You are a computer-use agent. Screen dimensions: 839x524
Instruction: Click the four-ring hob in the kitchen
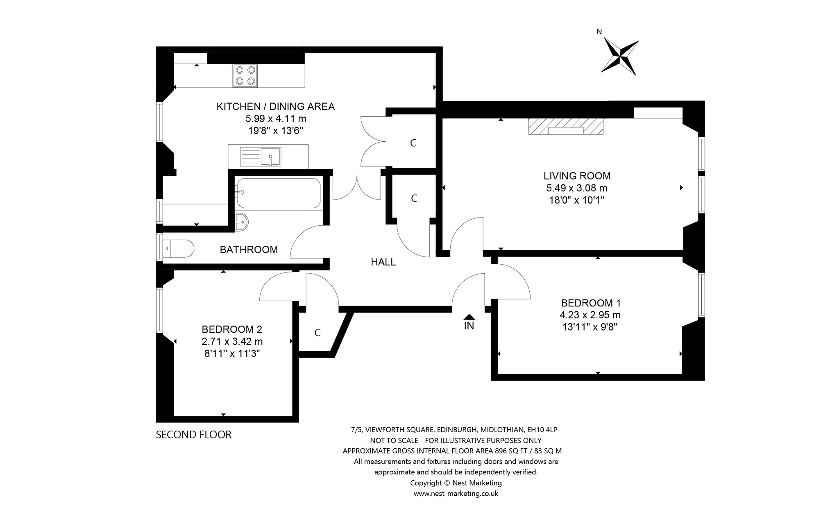[245, 76]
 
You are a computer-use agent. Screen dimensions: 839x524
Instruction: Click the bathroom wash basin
[242, 222]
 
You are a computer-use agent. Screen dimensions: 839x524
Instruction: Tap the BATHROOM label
[249, 250]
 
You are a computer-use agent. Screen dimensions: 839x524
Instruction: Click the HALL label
[383, 262]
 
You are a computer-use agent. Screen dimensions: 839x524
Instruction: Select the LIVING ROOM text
[577, 176]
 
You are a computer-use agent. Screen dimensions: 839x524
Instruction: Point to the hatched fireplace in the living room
[566, 127]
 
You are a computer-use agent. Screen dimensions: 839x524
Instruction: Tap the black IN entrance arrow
[469, 317]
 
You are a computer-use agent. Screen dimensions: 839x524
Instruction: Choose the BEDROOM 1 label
[591, 303]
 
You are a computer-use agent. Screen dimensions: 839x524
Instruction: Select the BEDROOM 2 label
[232, 329]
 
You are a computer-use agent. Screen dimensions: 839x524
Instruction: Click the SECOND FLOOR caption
[194, 435]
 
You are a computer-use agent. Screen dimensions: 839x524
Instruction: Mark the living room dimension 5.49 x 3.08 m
[577, 188]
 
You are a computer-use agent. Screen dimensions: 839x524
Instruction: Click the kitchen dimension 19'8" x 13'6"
[276, 131]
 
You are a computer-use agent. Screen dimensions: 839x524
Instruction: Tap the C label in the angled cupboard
[317, 333]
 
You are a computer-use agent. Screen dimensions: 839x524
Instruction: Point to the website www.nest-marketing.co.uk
[456, 494]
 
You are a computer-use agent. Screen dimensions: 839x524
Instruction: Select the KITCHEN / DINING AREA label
[276, 107]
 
